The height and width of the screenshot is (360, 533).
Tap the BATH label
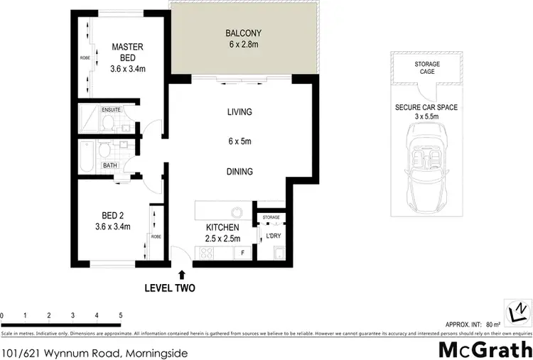pos(110,166)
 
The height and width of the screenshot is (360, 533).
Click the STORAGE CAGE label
pos(427,67)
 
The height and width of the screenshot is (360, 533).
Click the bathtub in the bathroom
pos(86,156)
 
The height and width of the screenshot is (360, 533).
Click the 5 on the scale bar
pos(121,315)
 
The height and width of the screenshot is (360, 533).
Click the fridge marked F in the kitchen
pos(243,253)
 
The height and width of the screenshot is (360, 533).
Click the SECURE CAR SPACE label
pos(427,108)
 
